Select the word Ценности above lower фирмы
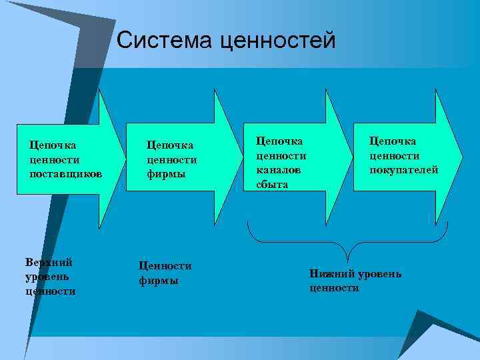tap(165, 265)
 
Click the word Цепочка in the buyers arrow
tap(393, 141)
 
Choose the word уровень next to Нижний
tap(379, 274)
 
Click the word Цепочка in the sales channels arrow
tap(279, 141)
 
